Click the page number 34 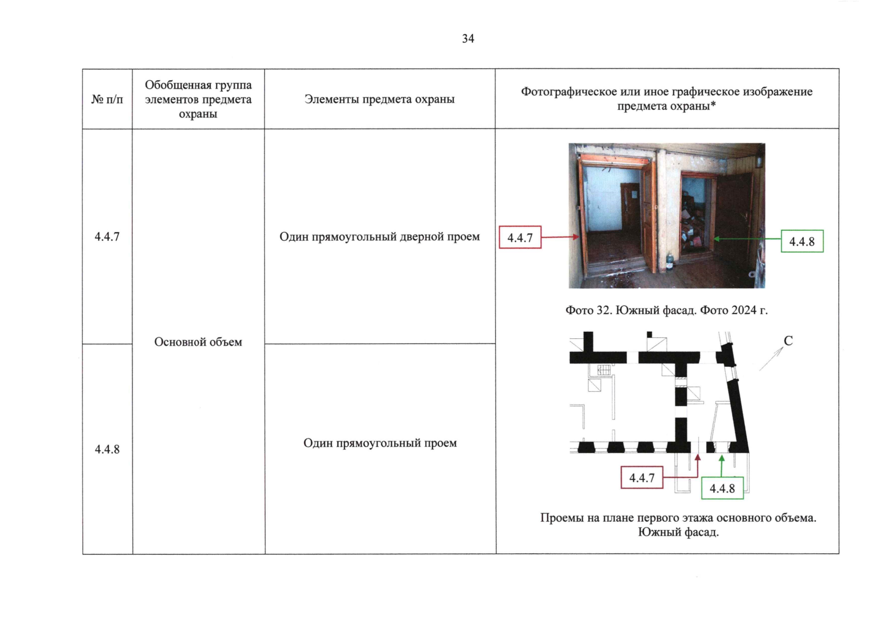pos(468,38)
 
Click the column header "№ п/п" pos(107,99)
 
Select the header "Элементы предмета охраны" pos(379,99)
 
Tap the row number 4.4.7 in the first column pos(107,236)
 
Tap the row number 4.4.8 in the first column pos(107,449)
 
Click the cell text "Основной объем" pos(198,342)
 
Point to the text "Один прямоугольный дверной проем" pos(380,236)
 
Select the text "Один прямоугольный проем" pos(380,443)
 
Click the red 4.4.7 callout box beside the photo pos(520,237)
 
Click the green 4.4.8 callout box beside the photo pos(802,241)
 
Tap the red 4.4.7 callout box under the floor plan pos(642,477)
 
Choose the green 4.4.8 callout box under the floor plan pos(722,488)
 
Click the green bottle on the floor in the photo pos(670,262)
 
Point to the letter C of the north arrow pos(788,341)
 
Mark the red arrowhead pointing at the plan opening pos(698,457)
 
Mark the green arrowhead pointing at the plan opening pos(722,458)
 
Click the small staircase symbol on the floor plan pos(604,369)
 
